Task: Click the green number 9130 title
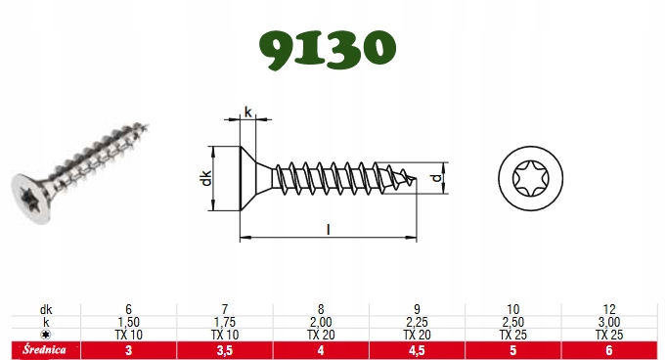click(328, 49)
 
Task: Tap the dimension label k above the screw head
click(248, 112)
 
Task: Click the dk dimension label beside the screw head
click(206, 178)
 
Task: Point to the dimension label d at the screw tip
click(437, 178)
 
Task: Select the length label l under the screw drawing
click(329, 229)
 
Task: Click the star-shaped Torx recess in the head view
click(530, 178)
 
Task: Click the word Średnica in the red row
click(45, 350)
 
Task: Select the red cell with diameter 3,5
click(225, 350)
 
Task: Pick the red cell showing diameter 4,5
click(417, 350)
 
